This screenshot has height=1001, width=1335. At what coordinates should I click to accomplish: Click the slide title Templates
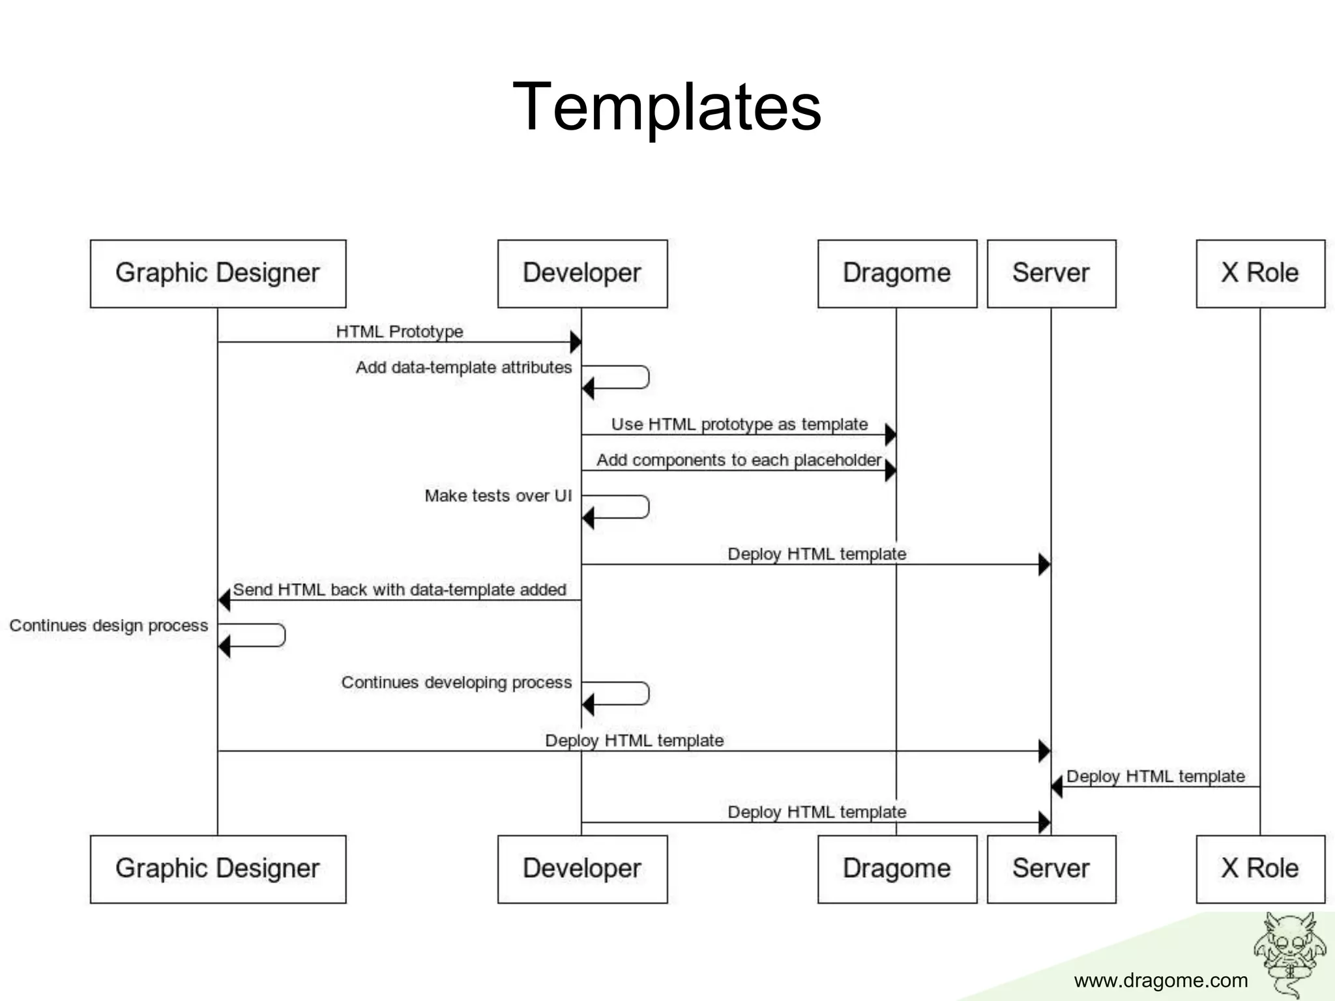click(x=667, y=106)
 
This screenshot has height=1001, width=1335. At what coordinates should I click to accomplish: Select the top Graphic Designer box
click(x=218, y=273)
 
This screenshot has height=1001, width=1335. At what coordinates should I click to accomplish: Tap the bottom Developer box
click(x=582, y=869)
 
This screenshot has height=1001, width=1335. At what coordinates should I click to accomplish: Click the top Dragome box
click(x=897, y=273)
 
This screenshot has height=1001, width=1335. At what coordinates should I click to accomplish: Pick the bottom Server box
click(x=1051, y=869)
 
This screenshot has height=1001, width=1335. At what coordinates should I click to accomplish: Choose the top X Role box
click(x=1260, y=273)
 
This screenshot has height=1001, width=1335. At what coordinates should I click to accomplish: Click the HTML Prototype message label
click(x=400, y=331)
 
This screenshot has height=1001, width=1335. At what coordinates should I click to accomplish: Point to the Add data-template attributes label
click(x=463, y=367)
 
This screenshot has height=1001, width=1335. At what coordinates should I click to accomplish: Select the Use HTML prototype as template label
click(x=739, y=424)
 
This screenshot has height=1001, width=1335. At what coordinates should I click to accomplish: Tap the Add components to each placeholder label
click(x=739, y=460)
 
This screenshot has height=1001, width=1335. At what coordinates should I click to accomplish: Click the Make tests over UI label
click(x=498, y=496)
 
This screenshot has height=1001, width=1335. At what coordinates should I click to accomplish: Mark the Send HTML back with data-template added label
click(x=399, y=590)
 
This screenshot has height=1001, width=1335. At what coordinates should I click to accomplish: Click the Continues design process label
click(x=109, y=626)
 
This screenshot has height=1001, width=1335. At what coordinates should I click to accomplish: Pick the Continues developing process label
click(x=456, y=682)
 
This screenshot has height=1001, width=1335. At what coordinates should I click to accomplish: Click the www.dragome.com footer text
click(x=1160, y=980)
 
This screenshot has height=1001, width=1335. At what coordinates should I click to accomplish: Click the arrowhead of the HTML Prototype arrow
click(x=576, y=341)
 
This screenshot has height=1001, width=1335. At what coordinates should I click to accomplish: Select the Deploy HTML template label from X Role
click(x=1155, y=776)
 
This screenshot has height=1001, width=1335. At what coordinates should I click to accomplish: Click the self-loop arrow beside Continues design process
click(x=261, y=636)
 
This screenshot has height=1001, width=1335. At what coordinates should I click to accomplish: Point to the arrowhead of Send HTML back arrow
click(x=224, y=600)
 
